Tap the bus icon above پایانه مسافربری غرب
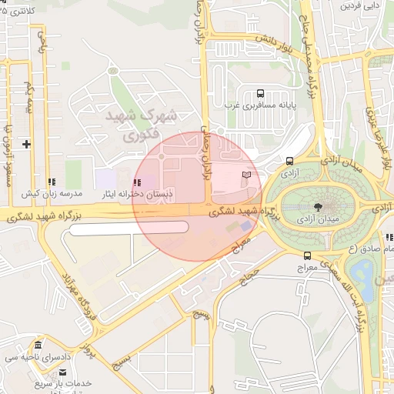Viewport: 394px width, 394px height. [259, 93]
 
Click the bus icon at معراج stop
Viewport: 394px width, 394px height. [307, 255]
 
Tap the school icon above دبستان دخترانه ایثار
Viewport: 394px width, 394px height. [137, 182]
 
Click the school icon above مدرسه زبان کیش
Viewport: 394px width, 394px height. [51, 182]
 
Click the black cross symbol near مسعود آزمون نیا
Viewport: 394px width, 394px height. [26, 144]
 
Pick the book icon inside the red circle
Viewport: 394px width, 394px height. [246, 176]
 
